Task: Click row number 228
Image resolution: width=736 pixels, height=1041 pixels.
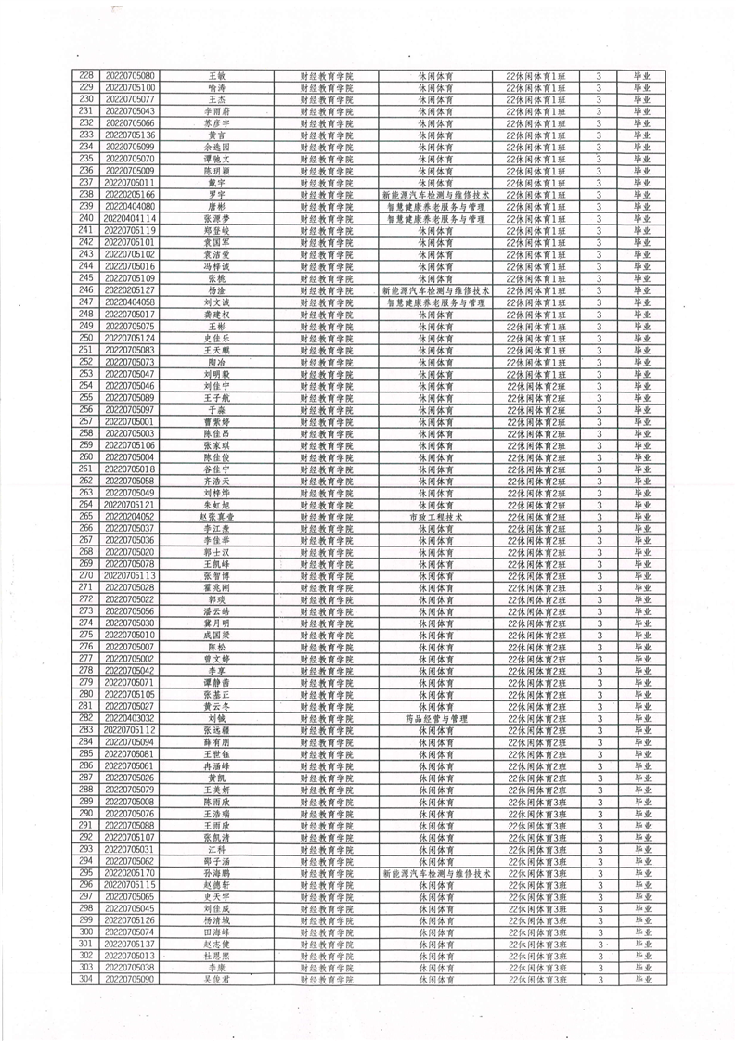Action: click(87, 75)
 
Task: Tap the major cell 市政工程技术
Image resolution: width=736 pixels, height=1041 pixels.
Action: click(435, 517)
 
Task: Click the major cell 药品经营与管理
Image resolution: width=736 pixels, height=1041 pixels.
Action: click(435, 718)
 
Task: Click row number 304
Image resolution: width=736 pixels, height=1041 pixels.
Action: click(87, 979)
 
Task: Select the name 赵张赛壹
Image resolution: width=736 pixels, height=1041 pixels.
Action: click(216, 517)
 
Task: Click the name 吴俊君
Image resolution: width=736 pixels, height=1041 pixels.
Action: click(216, 979)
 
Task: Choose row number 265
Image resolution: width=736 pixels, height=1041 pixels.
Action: click(87, 517)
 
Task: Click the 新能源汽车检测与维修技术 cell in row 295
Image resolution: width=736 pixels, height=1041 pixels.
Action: click(435, 873)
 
